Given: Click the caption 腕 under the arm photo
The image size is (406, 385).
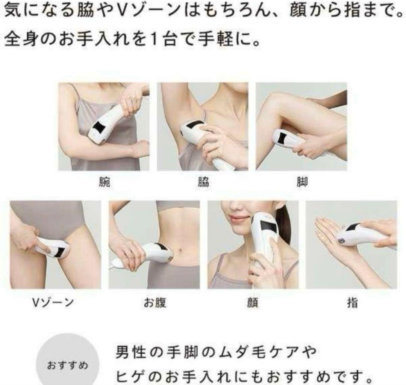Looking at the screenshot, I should click(x=104, y=183).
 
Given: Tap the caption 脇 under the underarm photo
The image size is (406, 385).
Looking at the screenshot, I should click(x=203, y=183).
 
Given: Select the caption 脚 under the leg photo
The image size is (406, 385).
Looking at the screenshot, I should click(x=301, y=183).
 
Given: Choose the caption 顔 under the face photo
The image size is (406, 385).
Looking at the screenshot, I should click(x=253, y=303).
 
